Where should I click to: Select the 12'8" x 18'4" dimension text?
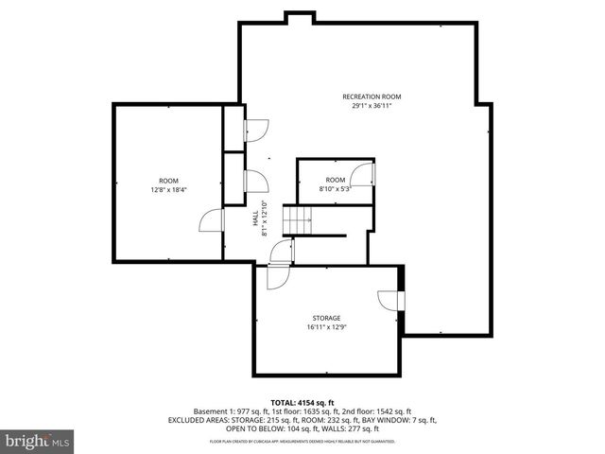(168, 190)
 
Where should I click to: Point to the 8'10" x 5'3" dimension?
(336, 188)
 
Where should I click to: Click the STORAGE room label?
(326, 318)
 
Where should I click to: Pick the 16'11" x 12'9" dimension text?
(326, 328)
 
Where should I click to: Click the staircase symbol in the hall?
(301, 223)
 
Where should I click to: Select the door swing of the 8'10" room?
(362, 174)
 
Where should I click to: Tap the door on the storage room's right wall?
(389, 300)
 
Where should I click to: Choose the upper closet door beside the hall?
(255, 131)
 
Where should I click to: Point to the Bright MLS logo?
(37, 441)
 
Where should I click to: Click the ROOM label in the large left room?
(168, 181)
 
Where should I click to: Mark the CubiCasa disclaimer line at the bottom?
(302, 442)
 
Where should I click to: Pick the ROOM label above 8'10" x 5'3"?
(336, 180)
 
